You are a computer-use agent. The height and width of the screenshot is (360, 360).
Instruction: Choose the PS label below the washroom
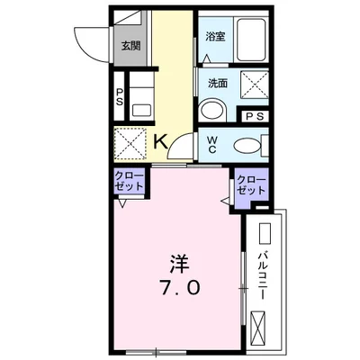click(255, 116)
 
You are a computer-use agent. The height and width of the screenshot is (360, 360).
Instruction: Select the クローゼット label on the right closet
click(251, 186)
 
